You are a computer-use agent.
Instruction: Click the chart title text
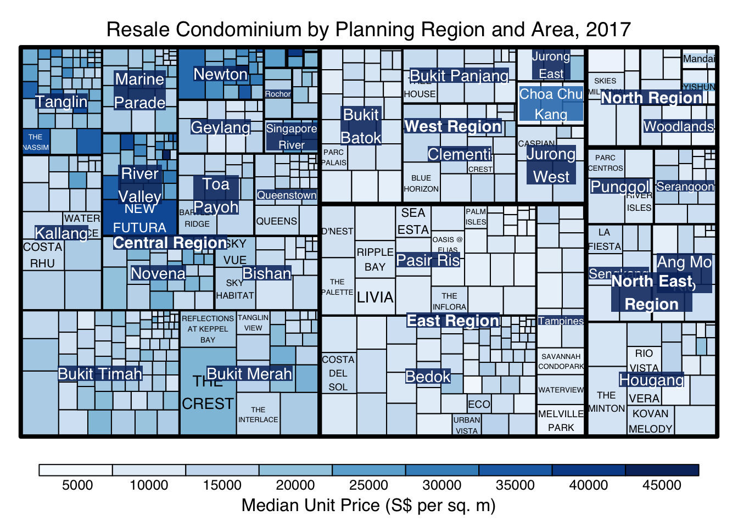tap(368, 29)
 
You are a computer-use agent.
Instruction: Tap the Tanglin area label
tap(62, 102)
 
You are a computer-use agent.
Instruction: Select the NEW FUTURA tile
tap(139, 218)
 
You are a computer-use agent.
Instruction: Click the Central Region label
tap(170, 243)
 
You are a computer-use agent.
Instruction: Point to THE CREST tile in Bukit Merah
tap(208, 393)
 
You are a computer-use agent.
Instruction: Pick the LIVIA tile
tap(375, 298)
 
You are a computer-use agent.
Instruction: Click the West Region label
tap(453, 126)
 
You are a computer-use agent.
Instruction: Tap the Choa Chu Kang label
tap(551, 104)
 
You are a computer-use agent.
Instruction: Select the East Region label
tap(453, 321)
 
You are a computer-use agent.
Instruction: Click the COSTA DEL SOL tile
tap(338, 373)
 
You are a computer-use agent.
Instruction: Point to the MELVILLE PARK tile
tap(561, 421)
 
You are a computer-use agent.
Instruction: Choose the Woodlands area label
tap(678, 126)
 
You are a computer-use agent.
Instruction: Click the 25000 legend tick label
tap(369, 485)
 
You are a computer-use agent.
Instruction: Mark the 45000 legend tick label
tap(662, 485)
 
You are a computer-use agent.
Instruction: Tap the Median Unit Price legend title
tap(368, 505)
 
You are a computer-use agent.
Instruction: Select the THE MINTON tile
tap(607, 402)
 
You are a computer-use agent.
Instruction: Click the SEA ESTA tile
tap(413, 221)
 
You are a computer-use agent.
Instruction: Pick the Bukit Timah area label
tap(100, 374)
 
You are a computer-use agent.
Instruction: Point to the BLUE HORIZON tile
tap(421, 183)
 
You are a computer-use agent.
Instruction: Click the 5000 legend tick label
tap(77, 485)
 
